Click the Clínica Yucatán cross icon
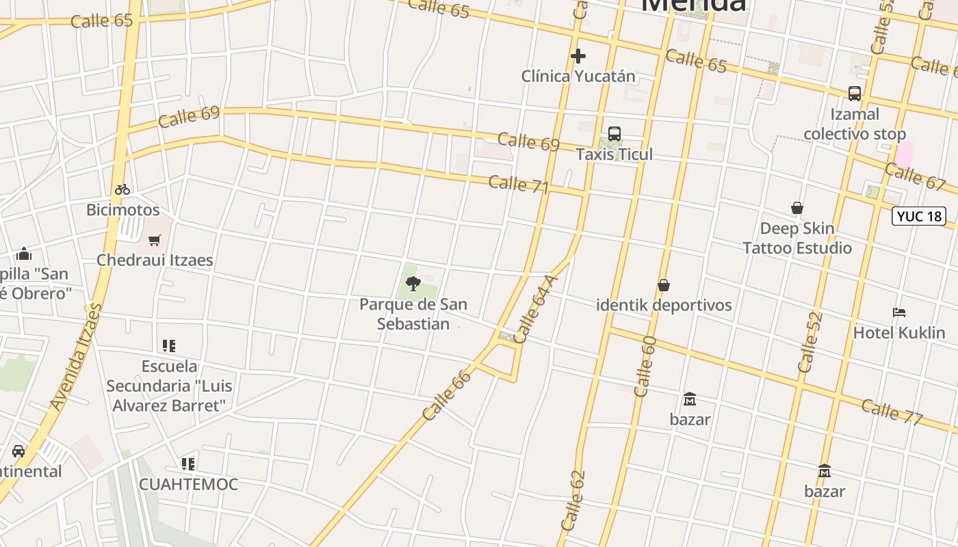[578, 55]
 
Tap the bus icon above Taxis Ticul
[614, 134]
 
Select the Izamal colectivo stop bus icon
[855, 94]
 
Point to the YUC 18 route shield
[920, 217]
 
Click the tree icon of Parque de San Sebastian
[413, 283]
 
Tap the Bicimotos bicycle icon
[122, 189]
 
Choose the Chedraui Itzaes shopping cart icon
[155, 240]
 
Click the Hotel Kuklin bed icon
[899, 312]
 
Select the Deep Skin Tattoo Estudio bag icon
[797, 208]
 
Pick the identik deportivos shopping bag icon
[663, 285]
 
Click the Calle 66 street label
[448, 395]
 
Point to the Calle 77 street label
[892, 411]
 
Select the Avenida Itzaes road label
[75, 357]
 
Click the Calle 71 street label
[519, 184]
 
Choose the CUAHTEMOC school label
[188, 484]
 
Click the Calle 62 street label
[573, 501]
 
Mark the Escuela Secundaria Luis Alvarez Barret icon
[169, 346]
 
